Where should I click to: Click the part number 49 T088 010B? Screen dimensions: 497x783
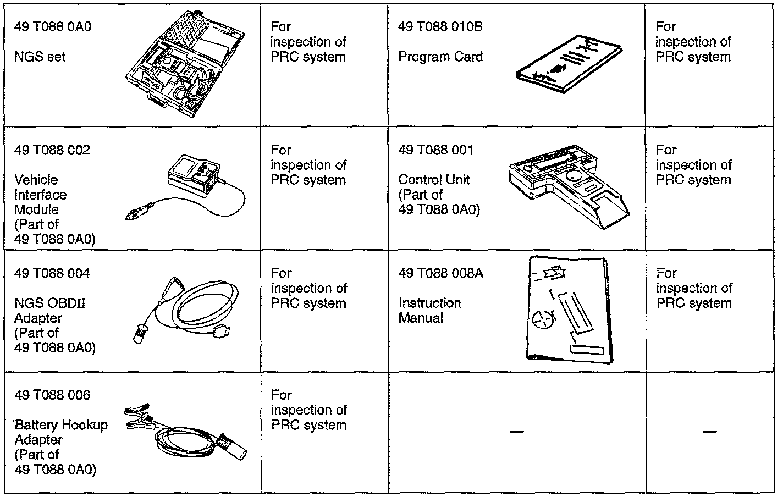440,27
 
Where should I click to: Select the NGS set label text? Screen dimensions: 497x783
40,57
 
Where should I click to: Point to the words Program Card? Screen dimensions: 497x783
440,57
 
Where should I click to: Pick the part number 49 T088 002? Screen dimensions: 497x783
52,150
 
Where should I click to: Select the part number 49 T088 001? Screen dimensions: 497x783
435,150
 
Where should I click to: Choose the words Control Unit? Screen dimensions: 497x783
434,180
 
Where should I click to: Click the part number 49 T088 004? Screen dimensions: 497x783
52,273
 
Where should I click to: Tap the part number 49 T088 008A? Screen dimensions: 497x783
440,273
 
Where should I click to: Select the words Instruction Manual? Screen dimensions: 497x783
429,311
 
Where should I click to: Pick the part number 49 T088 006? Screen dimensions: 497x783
52,395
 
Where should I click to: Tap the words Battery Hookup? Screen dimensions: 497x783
62,425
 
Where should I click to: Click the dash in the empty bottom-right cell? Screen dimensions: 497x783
709,432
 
